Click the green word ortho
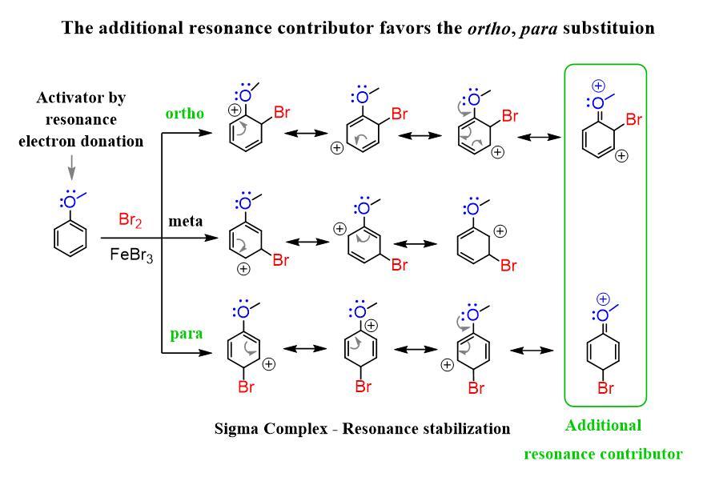pos(186,113)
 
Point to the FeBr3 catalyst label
pos(129,255)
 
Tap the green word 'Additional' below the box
pos(603,425)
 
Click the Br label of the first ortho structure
pos(282,114)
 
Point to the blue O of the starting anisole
pos(71,199)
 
